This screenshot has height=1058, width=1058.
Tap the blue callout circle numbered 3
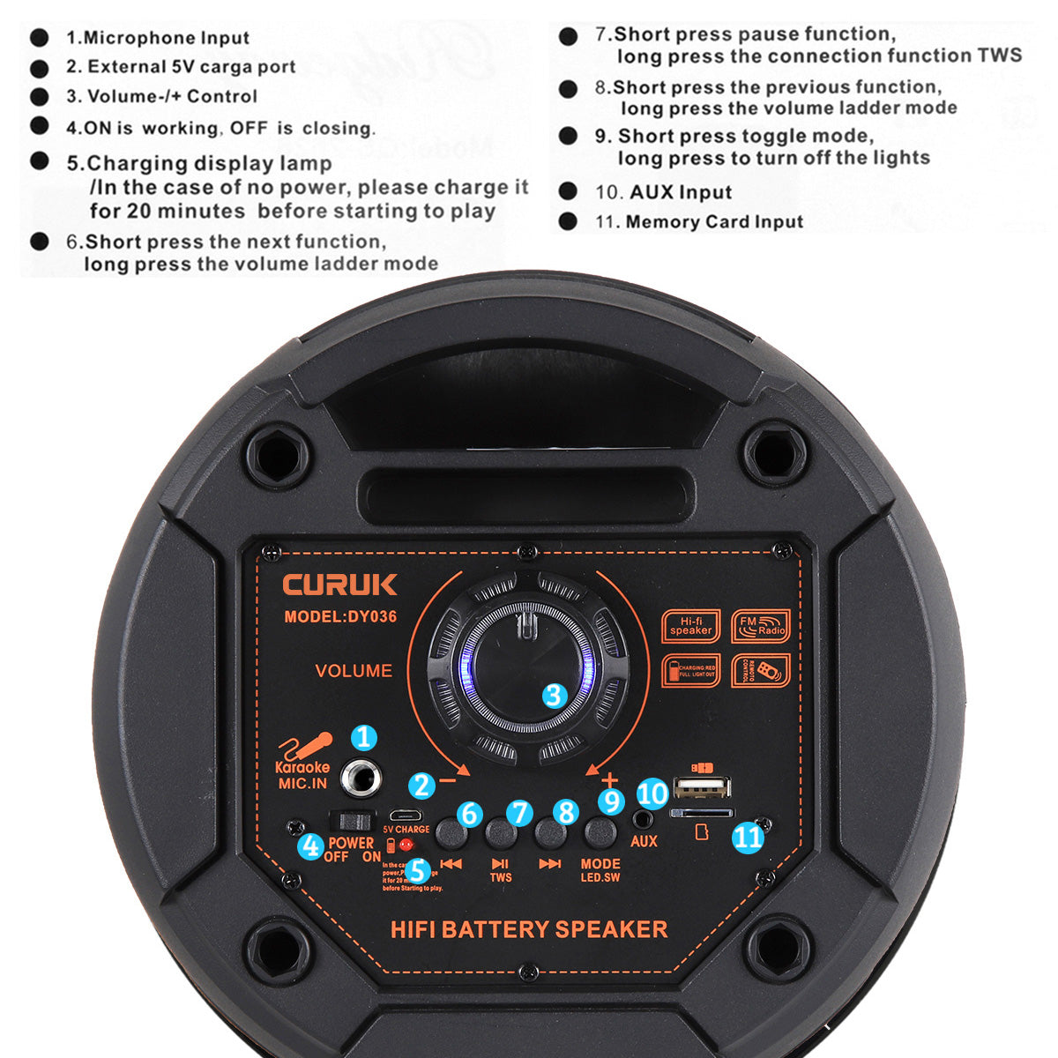(x=554, y=696)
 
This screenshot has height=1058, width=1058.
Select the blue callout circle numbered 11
(x=748, y=837)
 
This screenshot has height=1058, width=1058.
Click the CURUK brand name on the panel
(x=339, y=585)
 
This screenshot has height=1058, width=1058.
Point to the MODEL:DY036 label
(x=340, y=617)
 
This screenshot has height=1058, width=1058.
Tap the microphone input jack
(x=362, y=776)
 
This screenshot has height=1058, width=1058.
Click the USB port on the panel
(x=702, y=786)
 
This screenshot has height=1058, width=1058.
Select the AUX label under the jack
(x=644, y=841)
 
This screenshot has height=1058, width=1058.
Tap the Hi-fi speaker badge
(x=691, y=626)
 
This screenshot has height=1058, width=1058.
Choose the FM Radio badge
(x=761, y=626)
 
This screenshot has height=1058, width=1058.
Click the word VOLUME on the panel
(x=354, y=671)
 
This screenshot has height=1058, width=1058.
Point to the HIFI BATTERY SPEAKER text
(x=529, y=929)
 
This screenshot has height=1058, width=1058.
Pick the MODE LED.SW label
(x=600, y=870)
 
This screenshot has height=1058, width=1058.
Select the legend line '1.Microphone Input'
(x=158, y=38)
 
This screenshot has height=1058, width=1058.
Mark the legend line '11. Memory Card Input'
(x=699, y=221)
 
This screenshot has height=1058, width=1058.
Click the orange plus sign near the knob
(x=609, y=779)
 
